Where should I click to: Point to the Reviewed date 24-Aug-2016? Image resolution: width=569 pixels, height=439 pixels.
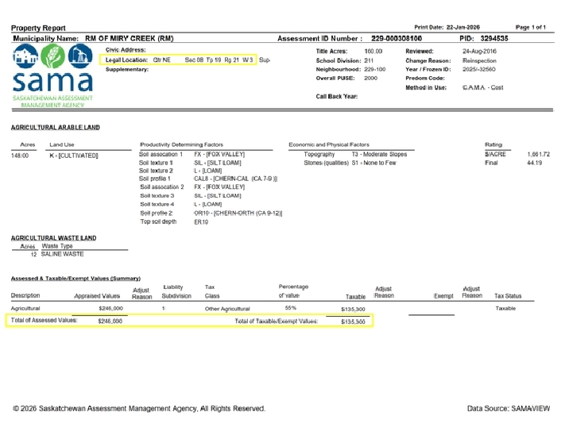479,51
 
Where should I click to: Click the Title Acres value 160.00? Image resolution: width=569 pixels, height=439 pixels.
374,51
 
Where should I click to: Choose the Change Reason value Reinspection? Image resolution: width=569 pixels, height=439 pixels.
480,60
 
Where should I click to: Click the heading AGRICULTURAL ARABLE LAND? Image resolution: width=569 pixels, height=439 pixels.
56,127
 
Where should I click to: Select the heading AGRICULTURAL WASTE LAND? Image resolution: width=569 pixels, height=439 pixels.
53,238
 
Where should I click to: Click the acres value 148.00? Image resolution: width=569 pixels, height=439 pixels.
20,154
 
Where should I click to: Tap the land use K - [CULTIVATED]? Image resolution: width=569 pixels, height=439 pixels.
74,154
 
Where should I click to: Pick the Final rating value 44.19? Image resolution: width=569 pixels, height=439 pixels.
535,163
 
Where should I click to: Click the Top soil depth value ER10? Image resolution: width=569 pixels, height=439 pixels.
201,223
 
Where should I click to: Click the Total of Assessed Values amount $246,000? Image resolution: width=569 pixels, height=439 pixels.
110,321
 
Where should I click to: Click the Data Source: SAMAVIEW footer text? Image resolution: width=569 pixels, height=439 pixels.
508,408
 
